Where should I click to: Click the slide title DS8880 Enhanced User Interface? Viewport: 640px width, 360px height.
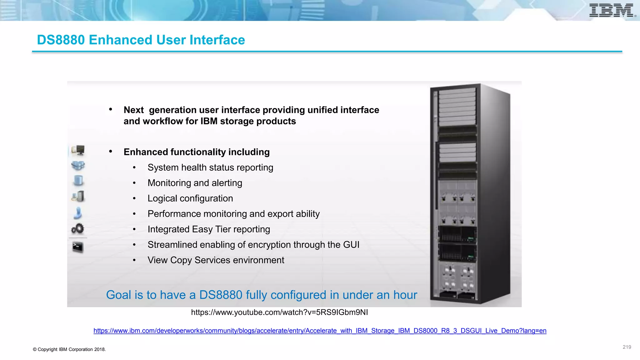pos(141,40)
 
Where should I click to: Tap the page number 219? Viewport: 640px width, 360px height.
pos(627,347)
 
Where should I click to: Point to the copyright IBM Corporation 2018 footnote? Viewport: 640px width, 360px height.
pos(69,349)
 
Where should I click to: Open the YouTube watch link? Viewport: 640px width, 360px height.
pos(279,312)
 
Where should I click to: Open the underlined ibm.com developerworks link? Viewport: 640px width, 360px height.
pos(320,331)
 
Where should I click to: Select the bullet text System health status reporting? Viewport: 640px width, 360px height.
pos(210,167)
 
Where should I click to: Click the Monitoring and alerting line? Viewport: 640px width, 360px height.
pos(195,183)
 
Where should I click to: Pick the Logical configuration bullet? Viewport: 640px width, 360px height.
pos(190,198)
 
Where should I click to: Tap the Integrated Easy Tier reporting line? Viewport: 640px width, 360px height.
pos(209,229)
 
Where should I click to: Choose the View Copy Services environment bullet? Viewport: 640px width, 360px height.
pos(216,260)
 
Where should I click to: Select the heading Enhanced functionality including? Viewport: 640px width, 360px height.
pos(196,152)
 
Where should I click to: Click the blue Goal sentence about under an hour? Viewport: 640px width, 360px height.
pos(261,295)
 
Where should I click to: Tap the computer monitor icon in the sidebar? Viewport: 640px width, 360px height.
pos(78,150)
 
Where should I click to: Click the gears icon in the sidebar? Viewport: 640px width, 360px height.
pos(77,229)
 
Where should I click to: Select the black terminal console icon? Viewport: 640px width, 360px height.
pos(77,247)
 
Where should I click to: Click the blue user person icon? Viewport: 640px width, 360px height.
pos(77,213)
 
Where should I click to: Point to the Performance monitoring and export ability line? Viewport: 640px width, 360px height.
pos(233,214)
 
